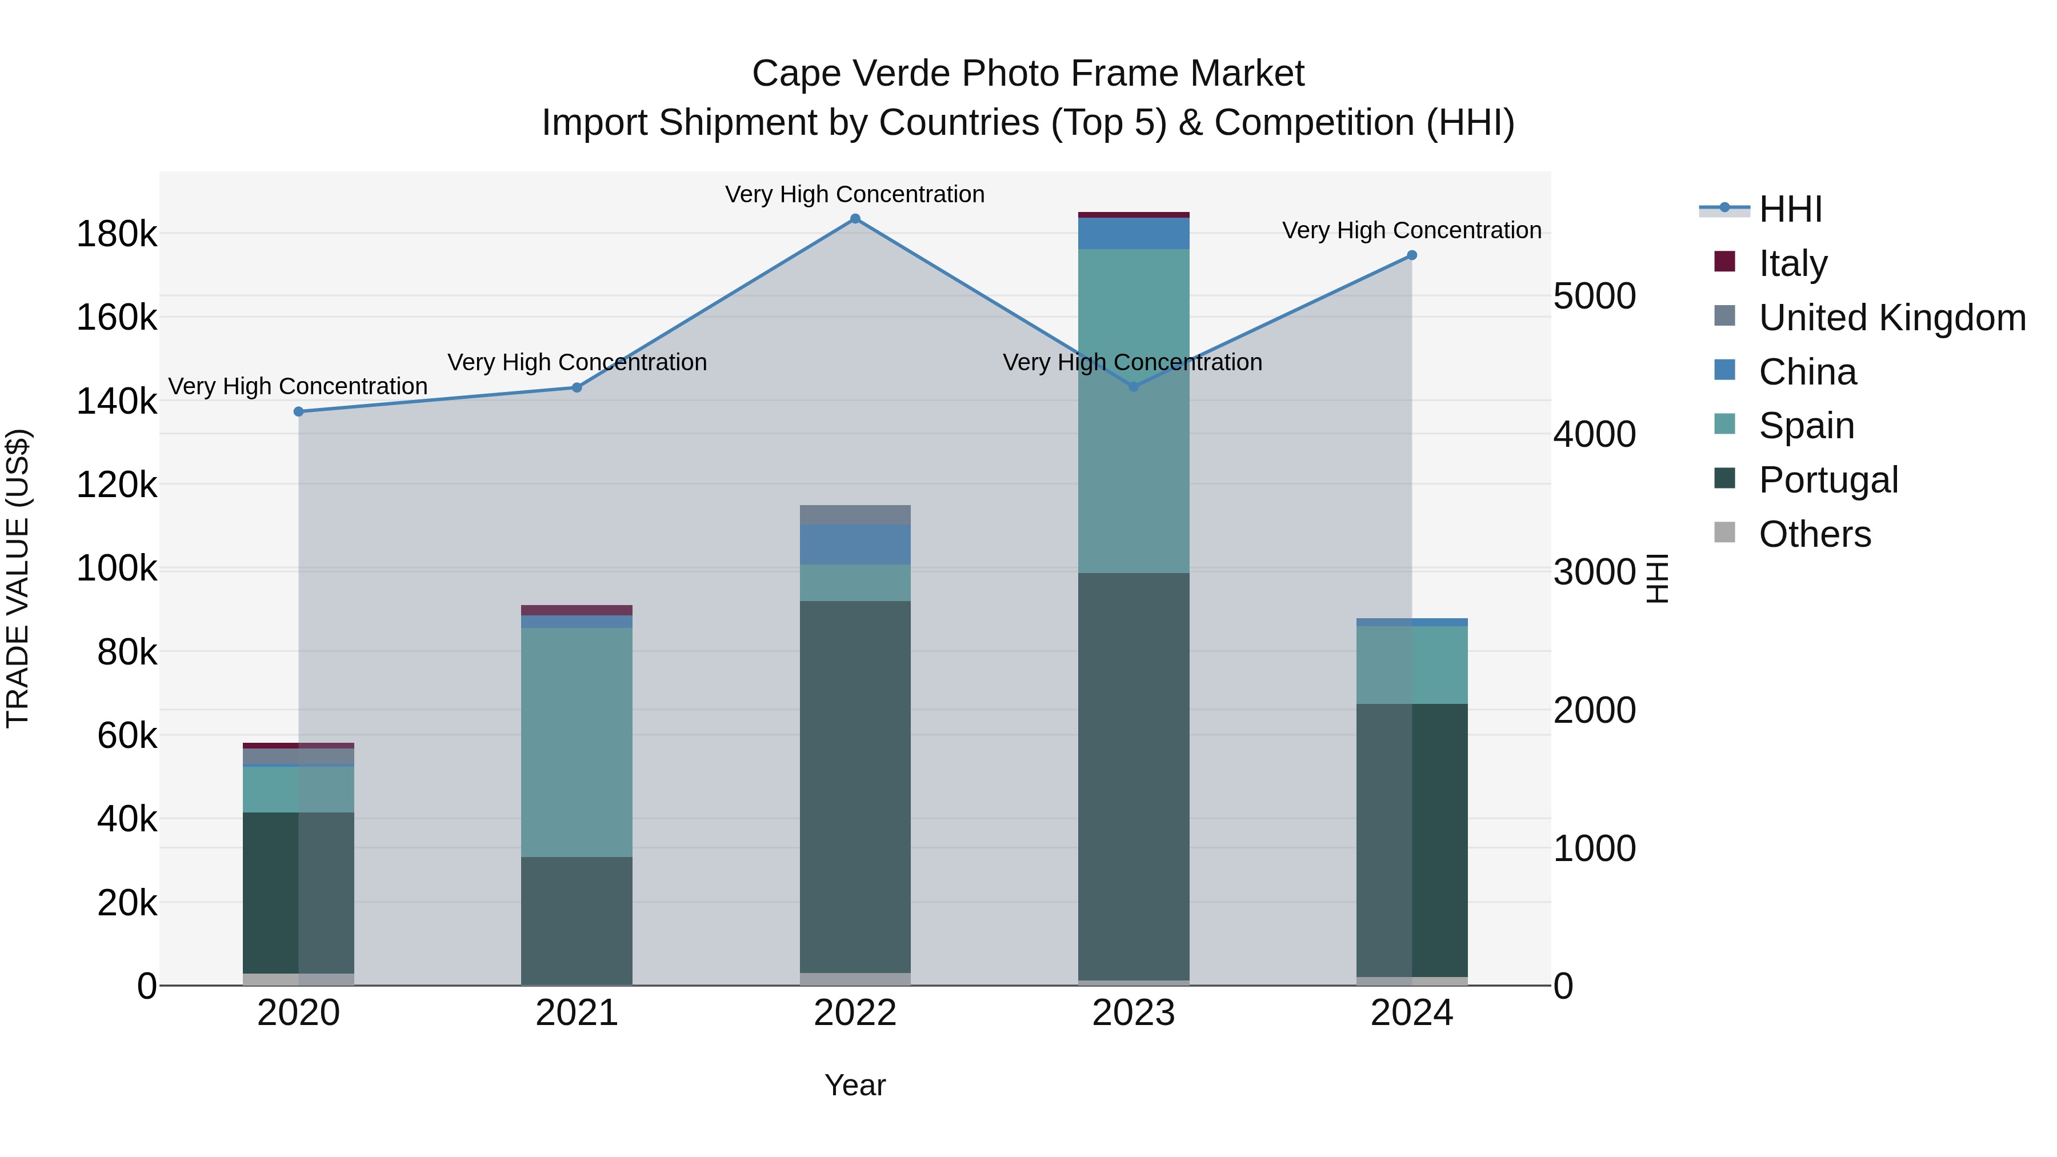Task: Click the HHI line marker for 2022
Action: click(x=855, y=219)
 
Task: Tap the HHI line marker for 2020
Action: click(x=299, y=412)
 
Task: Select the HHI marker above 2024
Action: click(x=1412, y=255)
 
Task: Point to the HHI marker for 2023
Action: click(x=1133, y=386)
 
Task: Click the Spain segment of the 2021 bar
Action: click(x=577, y=743)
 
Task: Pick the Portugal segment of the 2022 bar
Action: click(x=855, y=787)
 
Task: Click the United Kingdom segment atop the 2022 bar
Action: click(x=855, y=515)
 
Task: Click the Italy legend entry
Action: click(x=1792, y=263)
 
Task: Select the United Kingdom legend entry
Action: click(x=1892, y=318)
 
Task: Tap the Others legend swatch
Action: click(x=1725, y=533)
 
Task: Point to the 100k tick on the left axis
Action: click(x=117, y=569)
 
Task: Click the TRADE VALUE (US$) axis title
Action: click(x=18, y=578)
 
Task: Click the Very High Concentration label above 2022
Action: click(x=855, y=195)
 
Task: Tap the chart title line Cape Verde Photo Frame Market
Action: click(x=1028, y=74)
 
